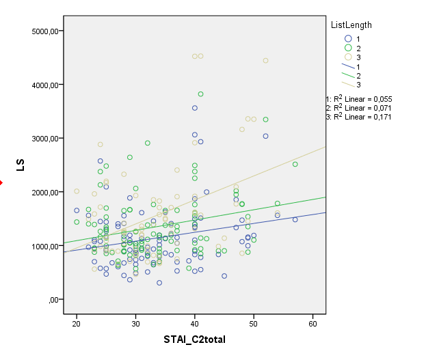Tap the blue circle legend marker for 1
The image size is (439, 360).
348,38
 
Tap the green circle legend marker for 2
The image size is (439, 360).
348,48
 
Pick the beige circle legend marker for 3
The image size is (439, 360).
348,57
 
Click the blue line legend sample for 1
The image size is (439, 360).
348,66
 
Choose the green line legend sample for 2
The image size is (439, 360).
348,75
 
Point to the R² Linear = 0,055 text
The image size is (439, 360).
360,99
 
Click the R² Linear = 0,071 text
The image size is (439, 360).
360,107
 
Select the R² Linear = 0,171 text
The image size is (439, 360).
360,116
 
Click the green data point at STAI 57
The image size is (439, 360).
295,165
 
